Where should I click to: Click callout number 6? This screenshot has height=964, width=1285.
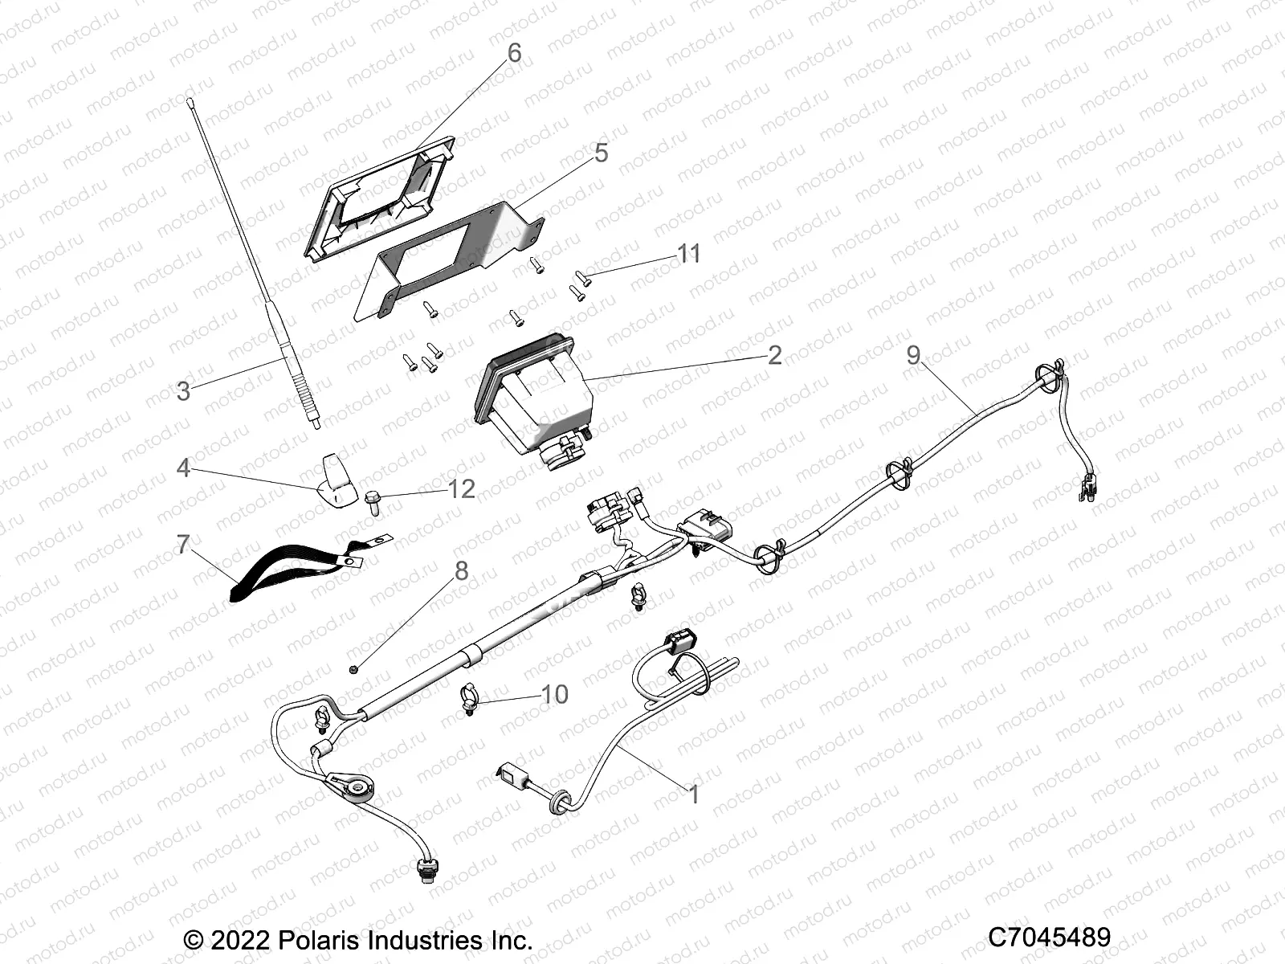tap(514, 53)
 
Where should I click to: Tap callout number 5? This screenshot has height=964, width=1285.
tap(601, 153)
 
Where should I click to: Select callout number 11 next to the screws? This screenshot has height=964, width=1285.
tap(689, 254)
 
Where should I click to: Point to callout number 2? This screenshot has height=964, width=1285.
tap(774, 355)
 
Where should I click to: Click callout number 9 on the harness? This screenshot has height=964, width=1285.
tap(913, 355)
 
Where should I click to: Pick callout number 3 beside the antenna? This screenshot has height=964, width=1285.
tap(183, 392)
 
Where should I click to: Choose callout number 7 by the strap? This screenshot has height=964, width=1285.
tap(183, 545)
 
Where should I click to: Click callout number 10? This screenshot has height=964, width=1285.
tap(554, 693)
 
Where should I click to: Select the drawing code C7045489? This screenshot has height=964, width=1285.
tap(1049, 937)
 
